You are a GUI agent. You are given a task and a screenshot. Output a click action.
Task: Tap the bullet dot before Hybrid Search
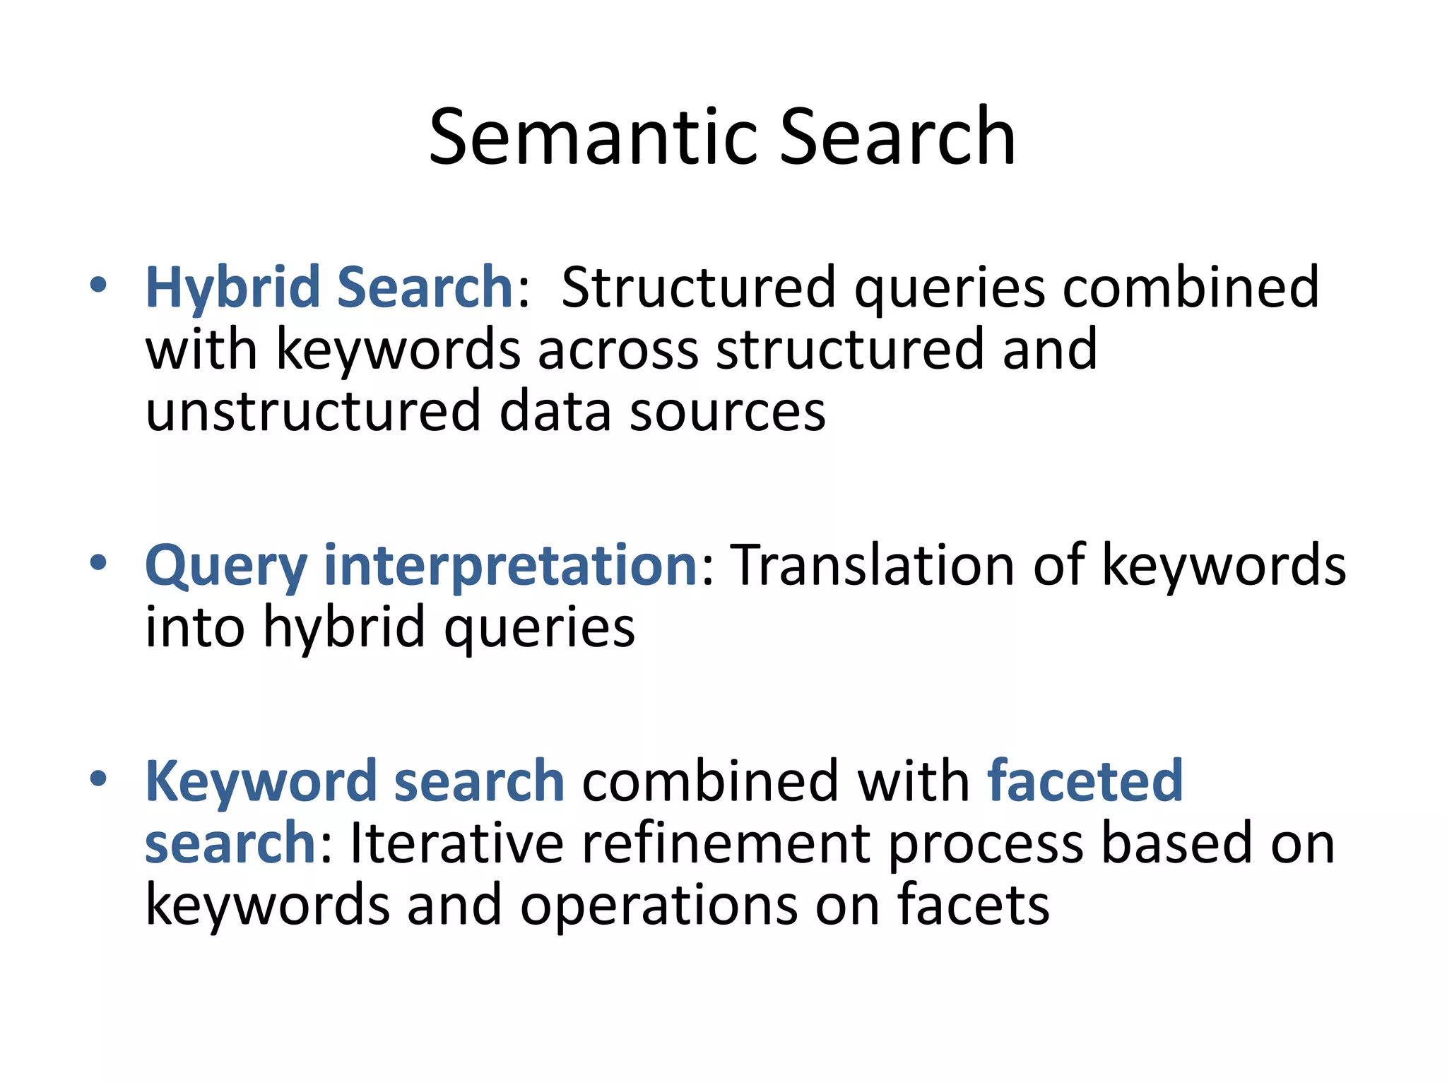click(x=98, y=285)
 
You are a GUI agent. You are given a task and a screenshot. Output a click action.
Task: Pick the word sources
click(x=727, y=412)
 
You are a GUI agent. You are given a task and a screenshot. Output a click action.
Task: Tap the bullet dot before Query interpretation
click(x=98, y=563)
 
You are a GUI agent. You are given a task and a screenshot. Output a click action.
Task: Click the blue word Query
click(x=226, y=567)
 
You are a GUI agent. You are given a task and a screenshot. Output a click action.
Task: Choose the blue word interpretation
click(x=511, y=567)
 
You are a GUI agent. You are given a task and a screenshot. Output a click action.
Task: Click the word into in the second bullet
click(x=195, y=628)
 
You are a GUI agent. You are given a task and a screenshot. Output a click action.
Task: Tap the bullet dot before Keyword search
click(x=98, y=778)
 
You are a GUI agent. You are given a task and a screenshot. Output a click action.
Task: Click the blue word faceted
click(x=1085, y=782)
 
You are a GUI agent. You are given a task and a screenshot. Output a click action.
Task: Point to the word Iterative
click(x=456, y=843)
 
